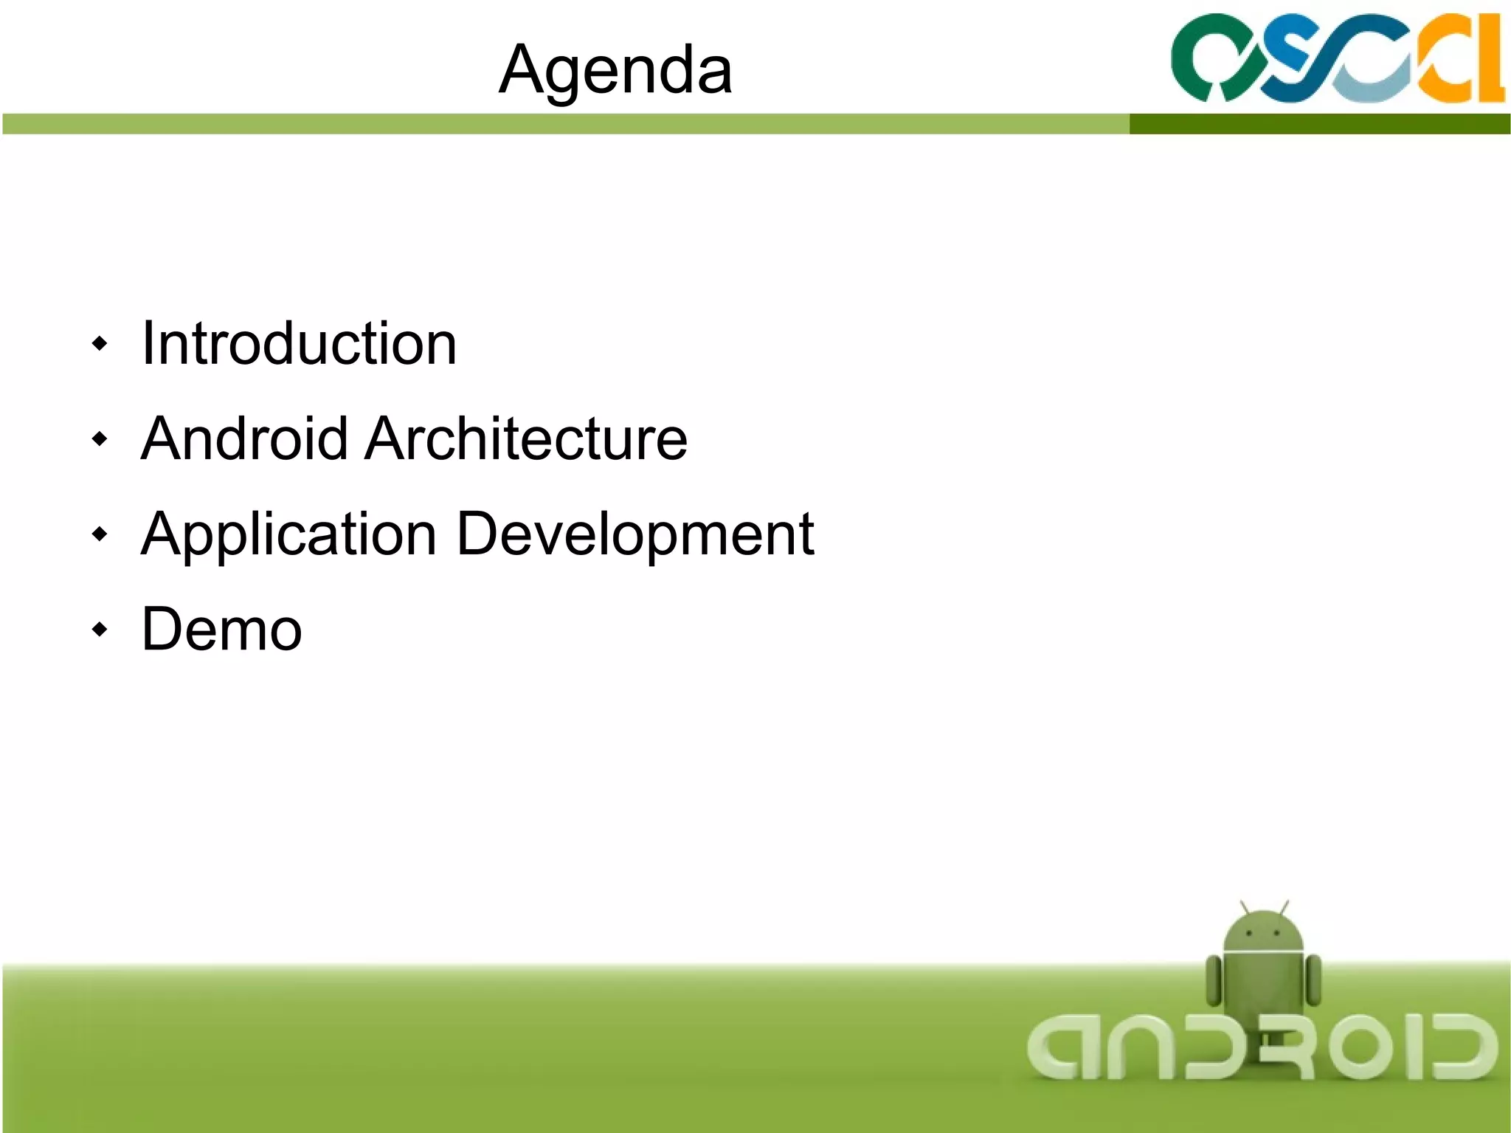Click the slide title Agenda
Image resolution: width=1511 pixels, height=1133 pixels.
(615, 69)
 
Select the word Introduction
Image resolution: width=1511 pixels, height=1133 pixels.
(299, 343)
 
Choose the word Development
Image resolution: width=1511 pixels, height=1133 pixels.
(635, 534)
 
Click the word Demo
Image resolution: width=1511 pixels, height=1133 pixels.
(221, 629)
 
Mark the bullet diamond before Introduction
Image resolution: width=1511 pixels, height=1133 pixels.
(100, 343)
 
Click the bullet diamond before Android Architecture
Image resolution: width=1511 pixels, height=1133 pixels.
(100, 439)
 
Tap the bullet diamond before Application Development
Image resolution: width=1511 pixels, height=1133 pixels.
(100, 534)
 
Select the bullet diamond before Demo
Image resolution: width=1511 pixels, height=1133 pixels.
(100, 630)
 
